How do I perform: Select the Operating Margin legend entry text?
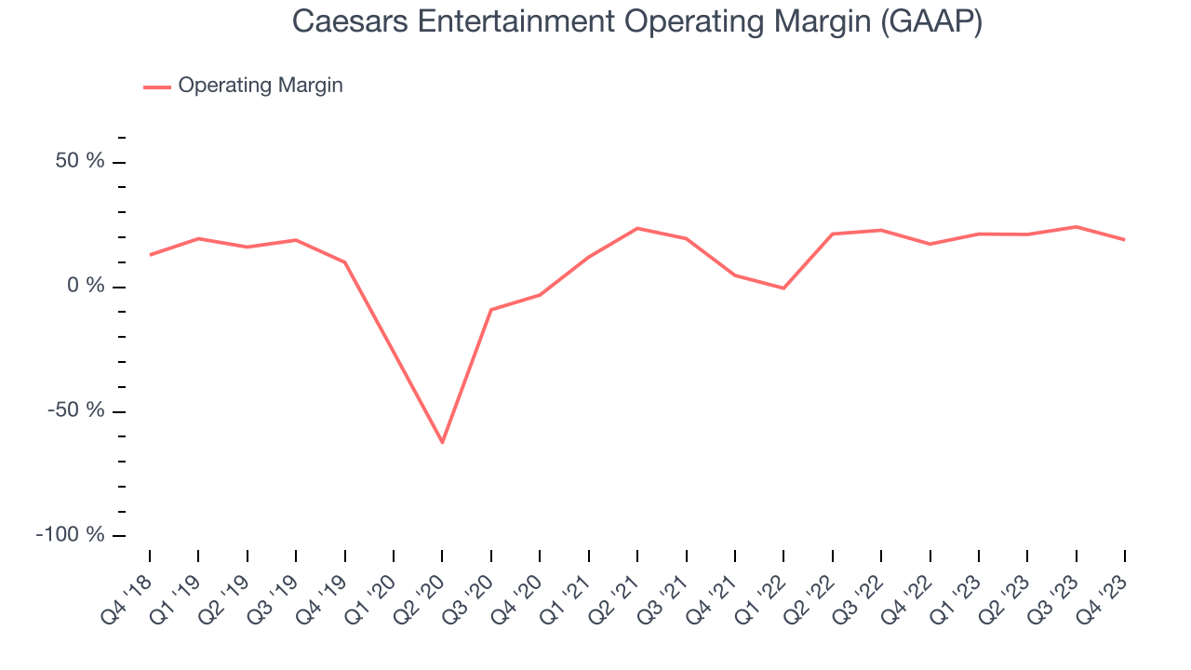261,86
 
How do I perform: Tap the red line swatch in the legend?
157,87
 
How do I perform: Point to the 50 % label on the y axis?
80,161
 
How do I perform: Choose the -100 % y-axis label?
71,535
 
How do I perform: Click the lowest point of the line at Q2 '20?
442,442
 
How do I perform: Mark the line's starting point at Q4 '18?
150,254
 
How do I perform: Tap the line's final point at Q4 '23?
1124,240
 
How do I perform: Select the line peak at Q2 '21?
637,228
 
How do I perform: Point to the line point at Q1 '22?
783,288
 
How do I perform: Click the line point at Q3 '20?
490,310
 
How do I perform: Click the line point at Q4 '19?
344,262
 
